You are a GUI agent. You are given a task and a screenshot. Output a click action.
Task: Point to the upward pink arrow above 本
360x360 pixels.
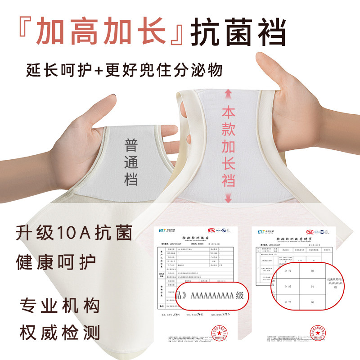pos(228,95)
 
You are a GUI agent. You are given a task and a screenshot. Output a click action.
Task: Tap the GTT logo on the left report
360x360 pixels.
pos(164,231)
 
